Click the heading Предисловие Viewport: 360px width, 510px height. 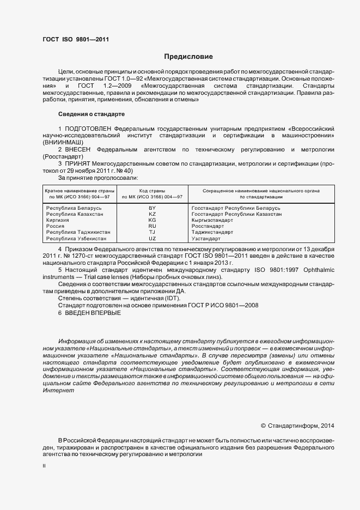[x=188, y=57]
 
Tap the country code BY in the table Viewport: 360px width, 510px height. [x=152, y=208]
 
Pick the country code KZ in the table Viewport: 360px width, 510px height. [x=152, y=214]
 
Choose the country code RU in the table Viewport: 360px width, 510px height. [x=152, y=226]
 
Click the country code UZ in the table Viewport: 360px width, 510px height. [x=152, y=238]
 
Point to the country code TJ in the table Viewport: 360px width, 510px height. [x=152, y=232]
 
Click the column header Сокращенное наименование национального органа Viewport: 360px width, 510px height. [x=260, y=191]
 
